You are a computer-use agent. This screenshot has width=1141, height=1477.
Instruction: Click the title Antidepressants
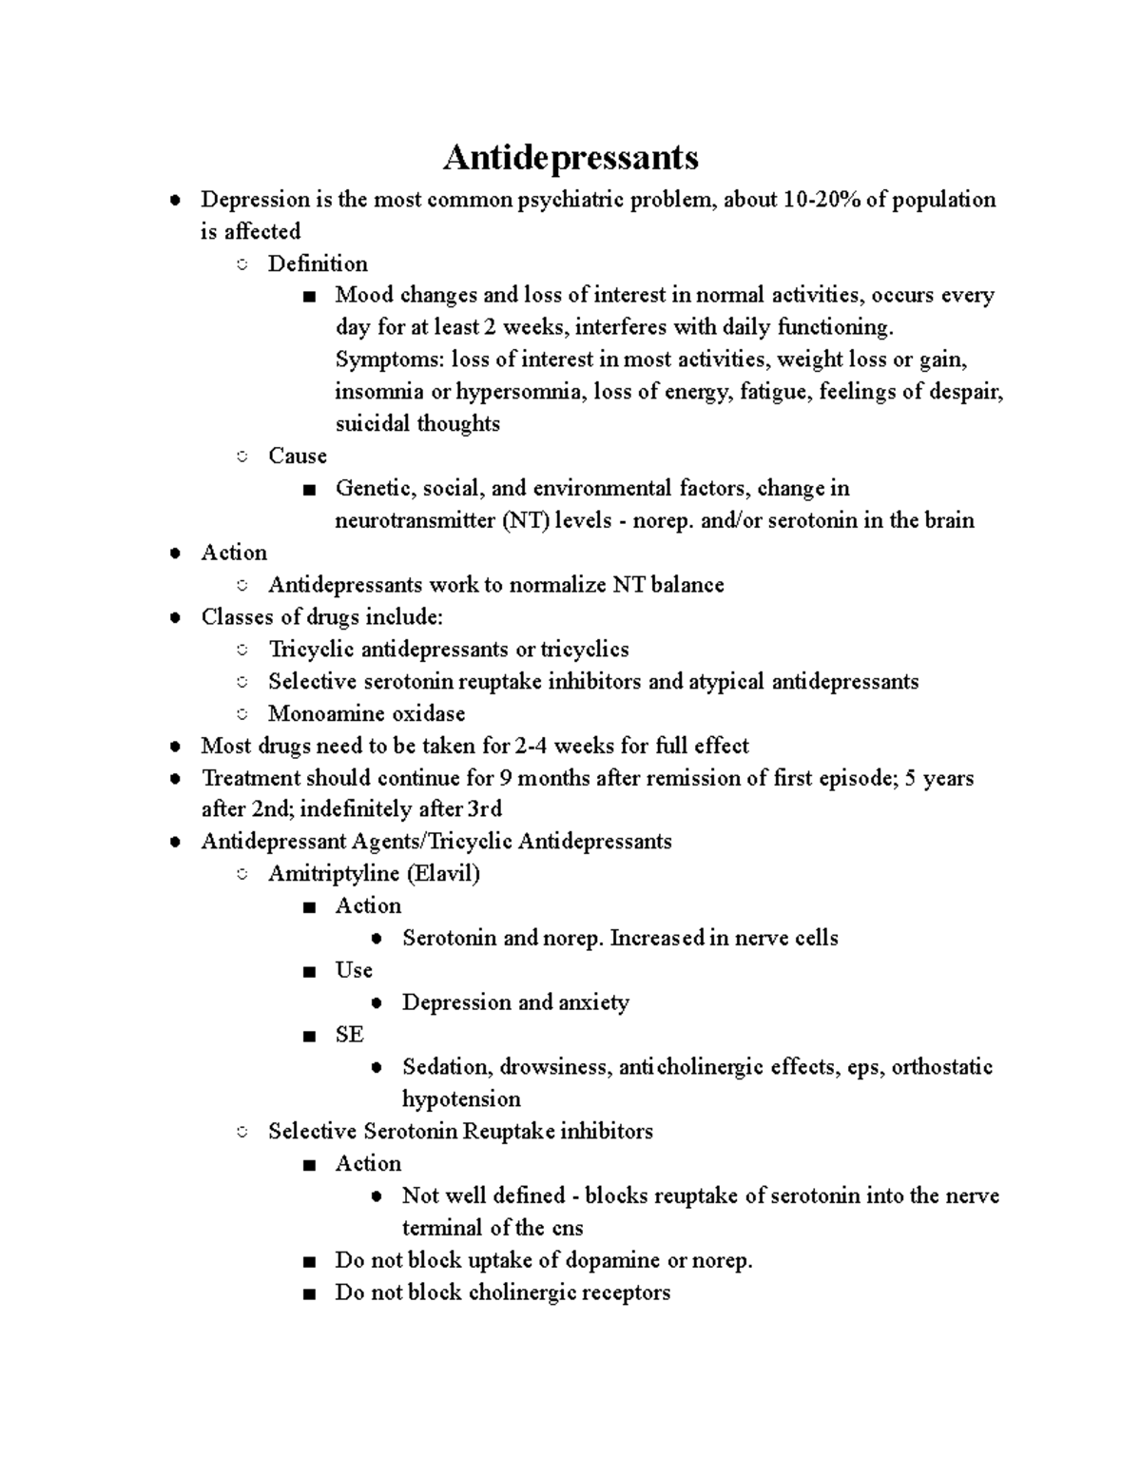pyautogui.click(x=570, y=157)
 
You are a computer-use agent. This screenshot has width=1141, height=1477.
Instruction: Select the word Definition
pyautogui.click(x=318, y=264)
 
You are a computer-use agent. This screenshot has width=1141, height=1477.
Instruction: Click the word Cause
pyautogui.click(x=298, y=457)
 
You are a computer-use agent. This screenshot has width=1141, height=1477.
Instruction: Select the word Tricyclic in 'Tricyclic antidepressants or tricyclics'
pyautogui.click(x=308, y=650)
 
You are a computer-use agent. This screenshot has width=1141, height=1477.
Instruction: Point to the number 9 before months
pyautogui.click(x=507, y=779)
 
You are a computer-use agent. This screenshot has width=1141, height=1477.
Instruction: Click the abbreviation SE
pyautogui.click(x=349, y=1035)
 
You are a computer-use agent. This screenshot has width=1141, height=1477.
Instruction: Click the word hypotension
pyautogui.click(x=461, y=1099)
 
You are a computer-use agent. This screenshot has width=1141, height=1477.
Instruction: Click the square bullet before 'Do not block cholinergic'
pyautogui.click(x=308, y=1293)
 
